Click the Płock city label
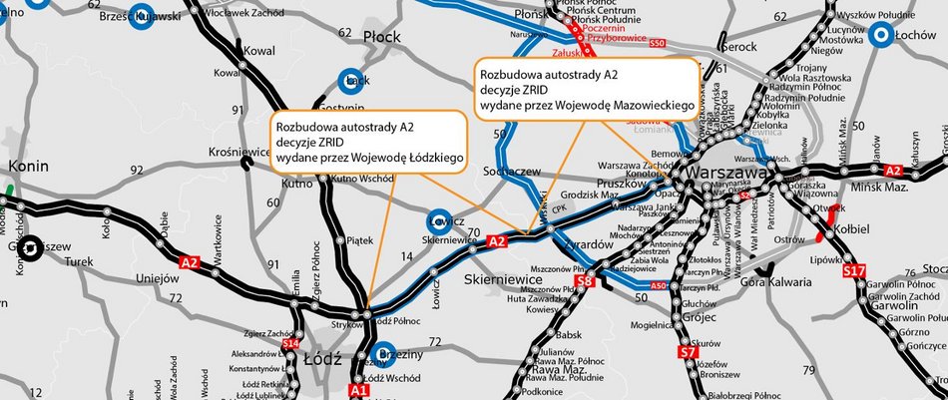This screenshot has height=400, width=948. click(x=380, y=37)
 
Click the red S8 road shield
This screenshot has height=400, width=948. click(x=586, y=282)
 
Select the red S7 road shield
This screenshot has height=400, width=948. click(x=688, y=351)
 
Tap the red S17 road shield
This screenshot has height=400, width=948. click(x=853, y=270)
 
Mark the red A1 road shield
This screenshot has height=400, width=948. click(x=360, y=390)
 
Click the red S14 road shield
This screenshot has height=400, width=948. click(x=291, y=344)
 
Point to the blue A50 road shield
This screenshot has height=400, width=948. click(x=658, y=286)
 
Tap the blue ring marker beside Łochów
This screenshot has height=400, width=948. click(x=881, y=37)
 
